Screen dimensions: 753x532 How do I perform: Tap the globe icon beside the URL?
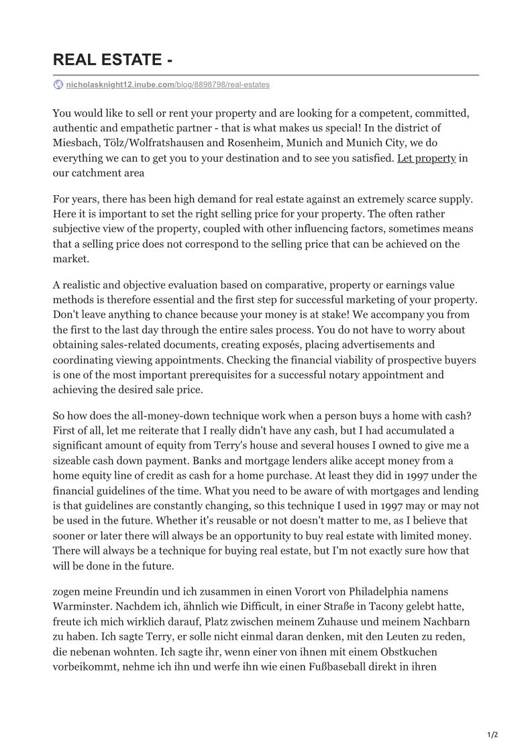pos(58,85)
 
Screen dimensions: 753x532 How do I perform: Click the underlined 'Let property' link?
pos(427,158)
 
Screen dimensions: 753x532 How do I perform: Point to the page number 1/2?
pos(492,735)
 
